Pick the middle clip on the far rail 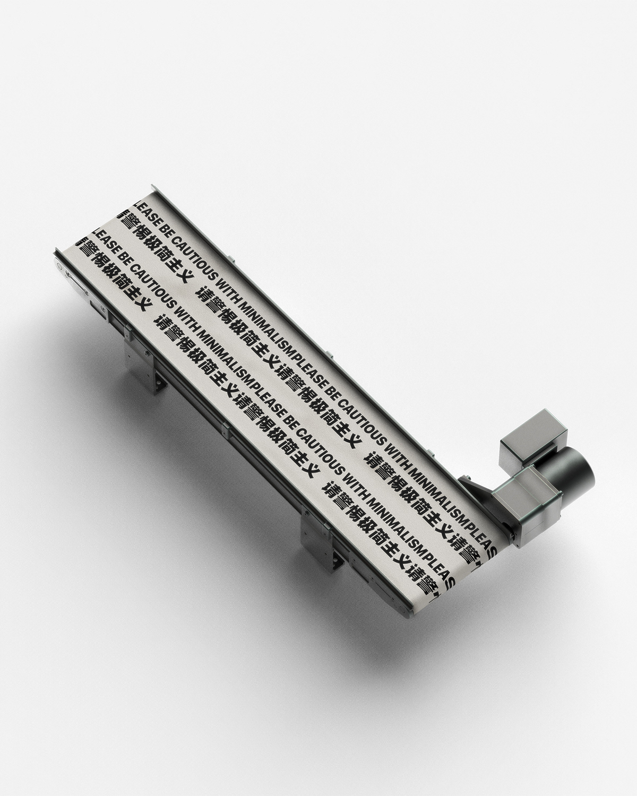coord(329,354)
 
